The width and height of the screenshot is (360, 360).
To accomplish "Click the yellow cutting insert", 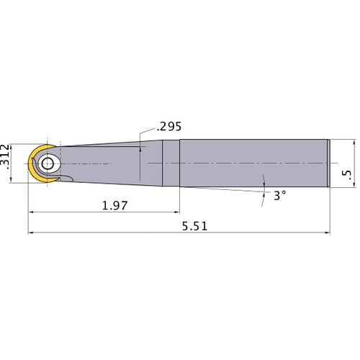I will (35, 165).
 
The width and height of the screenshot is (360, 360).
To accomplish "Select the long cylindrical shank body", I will (252, 163).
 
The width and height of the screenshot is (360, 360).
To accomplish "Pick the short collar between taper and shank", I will (171, 163).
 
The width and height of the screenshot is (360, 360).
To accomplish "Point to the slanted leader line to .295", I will (143, 136).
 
